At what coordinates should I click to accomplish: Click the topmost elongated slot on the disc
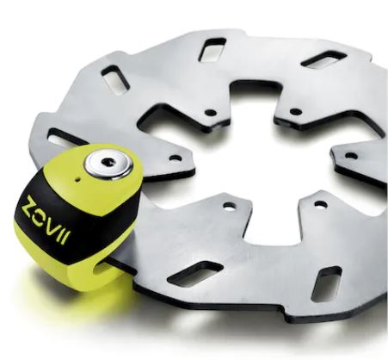click(x=212, y=50)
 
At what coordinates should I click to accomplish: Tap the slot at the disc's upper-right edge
click(x=323, y=59)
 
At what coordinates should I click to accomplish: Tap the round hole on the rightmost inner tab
click(x=350, y=156)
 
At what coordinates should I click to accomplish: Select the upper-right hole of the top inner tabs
click(x=295, y=112)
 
